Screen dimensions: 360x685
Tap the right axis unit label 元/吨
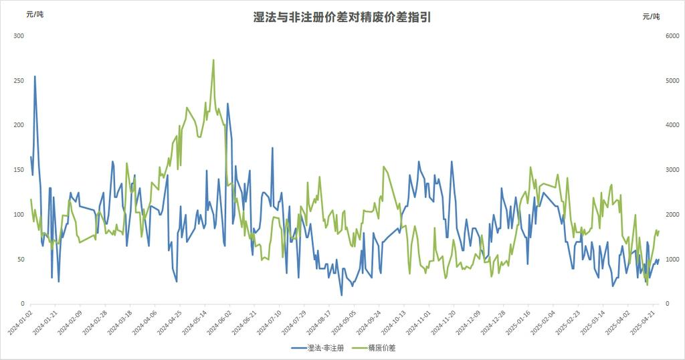651,16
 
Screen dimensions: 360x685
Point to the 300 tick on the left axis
19,35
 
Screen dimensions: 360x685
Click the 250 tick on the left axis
19,80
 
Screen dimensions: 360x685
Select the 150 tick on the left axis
19,170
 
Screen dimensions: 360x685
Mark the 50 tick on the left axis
20,259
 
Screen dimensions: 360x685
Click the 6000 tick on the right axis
669,35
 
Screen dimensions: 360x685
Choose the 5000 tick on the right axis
669,80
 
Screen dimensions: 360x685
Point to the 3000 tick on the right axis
669,170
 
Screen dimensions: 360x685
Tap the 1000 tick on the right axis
669,259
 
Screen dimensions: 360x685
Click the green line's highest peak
213,60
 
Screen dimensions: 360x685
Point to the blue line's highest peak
35,76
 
